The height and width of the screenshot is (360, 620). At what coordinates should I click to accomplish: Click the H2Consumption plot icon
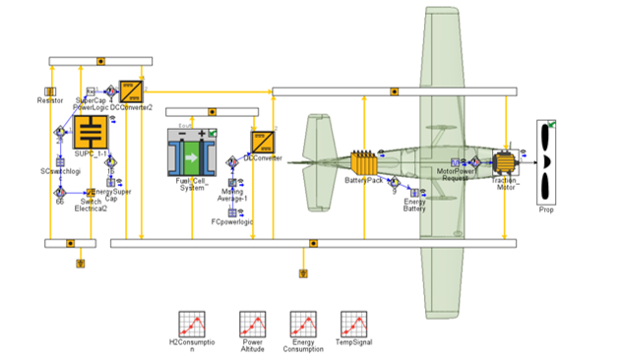point(190,324)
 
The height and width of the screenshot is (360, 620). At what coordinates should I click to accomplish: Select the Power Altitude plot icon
point(252,324)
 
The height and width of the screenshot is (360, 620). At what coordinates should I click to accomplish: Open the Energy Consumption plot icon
point(303,324)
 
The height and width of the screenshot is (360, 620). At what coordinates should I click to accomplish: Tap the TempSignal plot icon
point(354,324)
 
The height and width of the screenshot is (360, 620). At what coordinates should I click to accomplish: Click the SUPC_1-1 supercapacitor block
point(91,133)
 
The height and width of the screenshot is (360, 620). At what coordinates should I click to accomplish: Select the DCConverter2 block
point(131,91)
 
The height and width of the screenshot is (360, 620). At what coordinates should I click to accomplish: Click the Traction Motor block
point(506,163)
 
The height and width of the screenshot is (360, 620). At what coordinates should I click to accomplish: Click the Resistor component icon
point(50,91)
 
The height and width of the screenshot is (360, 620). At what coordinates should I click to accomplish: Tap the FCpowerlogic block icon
point(232,211)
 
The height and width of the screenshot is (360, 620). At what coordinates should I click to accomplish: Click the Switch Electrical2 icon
point(90,193)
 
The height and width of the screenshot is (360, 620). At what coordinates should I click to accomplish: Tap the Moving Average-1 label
point(233,194)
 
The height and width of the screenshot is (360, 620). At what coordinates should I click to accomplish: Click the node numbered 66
point(59,193)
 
